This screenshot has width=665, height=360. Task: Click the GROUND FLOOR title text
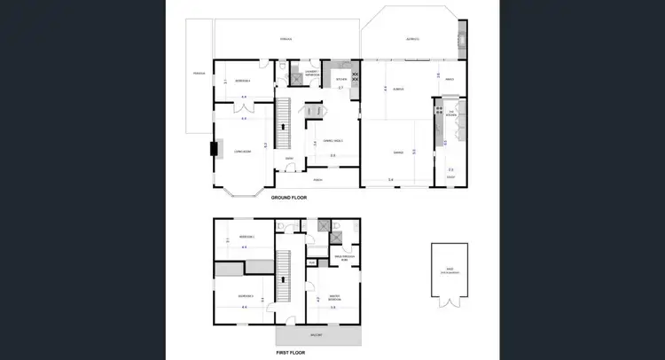click(288, 197)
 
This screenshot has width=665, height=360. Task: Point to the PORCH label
click(317, 180)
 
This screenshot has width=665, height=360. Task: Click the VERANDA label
click(286, 39)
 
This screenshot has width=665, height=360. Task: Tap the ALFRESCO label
click(412, 39)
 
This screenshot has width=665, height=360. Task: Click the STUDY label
click(450, 177)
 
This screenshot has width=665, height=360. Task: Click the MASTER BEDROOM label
click(333, 297)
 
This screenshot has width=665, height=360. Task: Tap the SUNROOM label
click(399, 89)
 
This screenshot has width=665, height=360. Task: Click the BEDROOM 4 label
click(242, 81)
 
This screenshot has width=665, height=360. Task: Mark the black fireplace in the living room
click(211, 149)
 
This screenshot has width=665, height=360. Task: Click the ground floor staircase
click(285, 124)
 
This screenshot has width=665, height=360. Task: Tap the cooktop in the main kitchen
click(356, 76)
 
